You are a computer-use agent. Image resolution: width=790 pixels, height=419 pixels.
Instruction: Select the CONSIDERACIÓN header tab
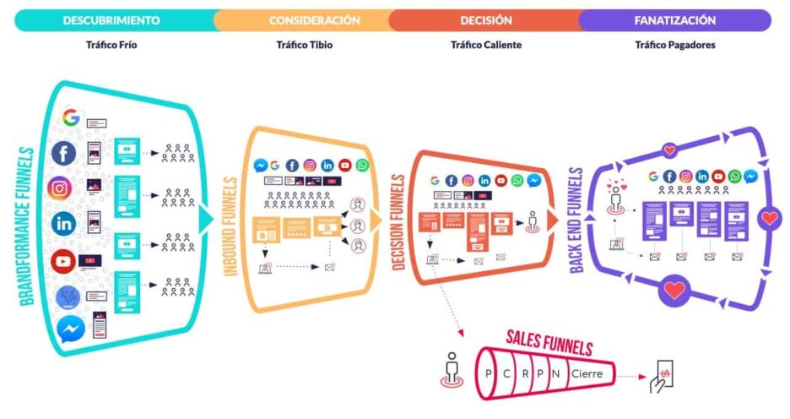(314, 19)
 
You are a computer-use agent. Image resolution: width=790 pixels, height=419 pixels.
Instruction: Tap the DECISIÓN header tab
(485, 19)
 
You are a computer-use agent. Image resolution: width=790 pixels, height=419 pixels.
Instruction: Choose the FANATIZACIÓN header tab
(674, 19)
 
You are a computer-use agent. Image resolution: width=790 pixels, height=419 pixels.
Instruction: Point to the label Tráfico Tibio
(304, 45)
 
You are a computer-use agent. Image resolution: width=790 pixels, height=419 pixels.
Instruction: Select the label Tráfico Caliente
(485, 45)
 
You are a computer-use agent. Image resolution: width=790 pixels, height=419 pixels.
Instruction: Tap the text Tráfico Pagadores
(674, 45)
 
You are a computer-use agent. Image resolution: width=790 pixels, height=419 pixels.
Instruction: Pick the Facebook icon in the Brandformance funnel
(63, 154)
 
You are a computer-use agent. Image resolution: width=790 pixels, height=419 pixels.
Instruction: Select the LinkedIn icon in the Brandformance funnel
(63, 224)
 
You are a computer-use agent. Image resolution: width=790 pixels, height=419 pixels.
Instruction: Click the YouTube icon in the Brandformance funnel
(62, 260)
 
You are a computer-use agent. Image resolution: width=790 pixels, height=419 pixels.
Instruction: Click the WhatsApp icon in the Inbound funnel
(362, 166)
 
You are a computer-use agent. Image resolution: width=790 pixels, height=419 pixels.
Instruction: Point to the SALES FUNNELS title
(549, 344)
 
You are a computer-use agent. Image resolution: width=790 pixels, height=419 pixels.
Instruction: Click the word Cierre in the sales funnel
(586, 373)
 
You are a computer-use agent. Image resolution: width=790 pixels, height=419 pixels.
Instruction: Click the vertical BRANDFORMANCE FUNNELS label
(27, 226)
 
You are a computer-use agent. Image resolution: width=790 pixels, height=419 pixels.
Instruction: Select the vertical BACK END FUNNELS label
(576, 220)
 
